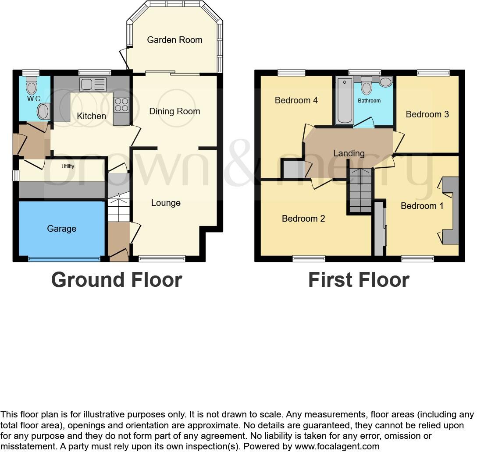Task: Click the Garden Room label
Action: tap(174, 40)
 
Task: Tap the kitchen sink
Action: tap(93, 84)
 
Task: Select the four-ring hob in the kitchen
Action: tap(121, 104)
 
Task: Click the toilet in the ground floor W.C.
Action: tap(32, 86)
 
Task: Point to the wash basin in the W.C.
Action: tap(43, 111)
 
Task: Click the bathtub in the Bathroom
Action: tap(345, 100)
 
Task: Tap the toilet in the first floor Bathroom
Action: tap(366, 86)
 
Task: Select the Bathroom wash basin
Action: tap(385, 82)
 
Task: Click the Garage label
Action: tap(62, 229)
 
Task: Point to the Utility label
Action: tap(68, 166)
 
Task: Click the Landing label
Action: tap(349, 153)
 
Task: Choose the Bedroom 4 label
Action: tap(296, 100)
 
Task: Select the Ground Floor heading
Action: tap(117, 279)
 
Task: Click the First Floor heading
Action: tap(359, 279)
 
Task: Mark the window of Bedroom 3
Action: tap(433, 73)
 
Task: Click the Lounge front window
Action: tap(162, 259)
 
